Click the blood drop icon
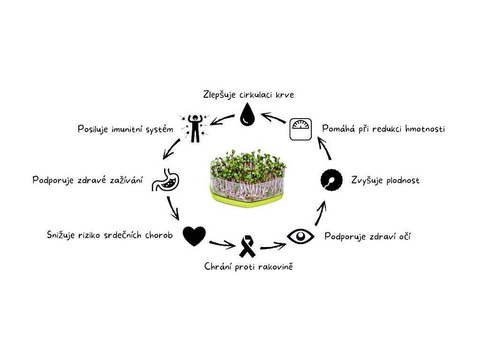[x=247, y=116]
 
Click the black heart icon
[x=194, y=236]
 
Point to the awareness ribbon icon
[x=247, y=247]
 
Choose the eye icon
[x=300, y=236]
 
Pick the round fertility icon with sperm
[x=331, y=180]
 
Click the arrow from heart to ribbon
[x=222, y=244]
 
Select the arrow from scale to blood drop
[x=273, y=118]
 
